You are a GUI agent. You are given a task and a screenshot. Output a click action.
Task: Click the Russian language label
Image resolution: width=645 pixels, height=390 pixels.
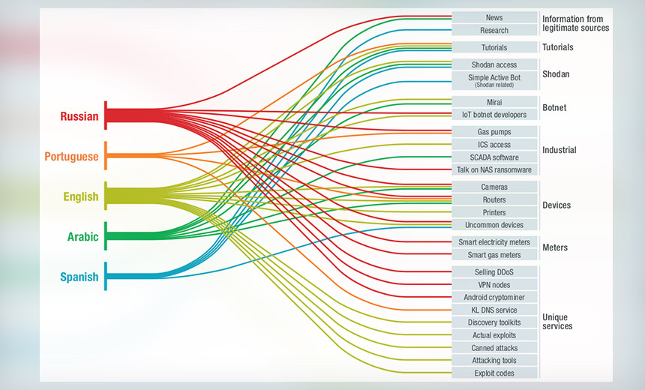[79, 116]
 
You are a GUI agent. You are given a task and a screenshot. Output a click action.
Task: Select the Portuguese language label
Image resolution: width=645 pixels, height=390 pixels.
[71, 157]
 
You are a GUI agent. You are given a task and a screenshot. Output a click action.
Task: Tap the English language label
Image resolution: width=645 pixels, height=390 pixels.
[80, 196]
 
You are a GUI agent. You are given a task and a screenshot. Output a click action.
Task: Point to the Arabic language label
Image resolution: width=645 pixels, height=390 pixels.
[82, 237]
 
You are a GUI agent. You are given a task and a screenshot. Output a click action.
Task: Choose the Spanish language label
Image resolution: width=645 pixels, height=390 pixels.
[79, 277]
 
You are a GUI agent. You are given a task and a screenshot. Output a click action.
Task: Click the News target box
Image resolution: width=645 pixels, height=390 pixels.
[494, 17]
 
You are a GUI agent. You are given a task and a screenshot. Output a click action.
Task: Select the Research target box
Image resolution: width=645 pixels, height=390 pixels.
[494, 31]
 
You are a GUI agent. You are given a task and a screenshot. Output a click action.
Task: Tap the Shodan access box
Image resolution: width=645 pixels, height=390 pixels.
[494, 64]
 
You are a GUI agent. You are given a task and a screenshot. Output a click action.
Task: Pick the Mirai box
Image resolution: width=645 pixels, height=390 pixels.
[494, 101]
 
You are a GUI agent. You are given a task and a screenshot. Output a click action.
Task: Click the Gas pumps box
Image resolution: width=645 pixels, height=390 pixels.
[494, 132]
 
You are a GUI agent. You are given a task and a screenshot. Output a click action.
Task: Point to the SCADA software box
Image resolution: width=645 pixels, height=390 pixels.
[494, 157]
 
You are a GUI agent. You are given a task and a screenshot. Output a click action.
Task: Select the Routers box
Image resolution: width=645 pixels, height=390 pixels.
[494, 199]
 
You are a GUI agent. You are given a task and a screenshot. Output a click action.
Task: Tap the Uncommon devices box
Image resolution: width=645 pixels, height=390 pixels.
[494, 225]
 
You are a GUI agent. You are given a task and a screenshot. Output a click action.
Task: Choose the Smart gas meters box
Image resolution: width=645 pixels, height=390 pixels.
[494, 255]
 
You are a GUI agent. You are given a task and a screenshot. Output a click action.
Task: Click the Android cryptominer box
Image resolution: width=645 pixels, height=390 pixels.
[494, 297]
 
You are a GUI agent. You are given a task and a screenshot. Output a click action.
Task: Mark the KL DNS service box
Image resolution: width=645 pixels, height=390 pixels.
[494, 310]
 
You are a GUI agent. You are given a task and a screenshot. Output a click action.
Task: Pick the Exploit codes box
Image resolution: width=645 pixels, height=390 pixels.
[494, 373]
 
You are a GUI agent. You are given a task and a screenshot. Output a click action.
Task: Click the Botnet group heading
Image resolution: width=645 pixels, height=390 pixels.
[554, 108]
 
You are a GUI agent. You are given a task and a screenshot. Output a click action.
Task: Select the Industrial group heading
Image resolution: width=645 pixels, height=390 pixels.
[559, 150]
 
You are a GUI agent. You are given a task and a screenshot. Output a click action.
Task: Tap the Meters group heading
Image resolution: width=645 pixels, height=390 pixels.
[555, 247]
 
